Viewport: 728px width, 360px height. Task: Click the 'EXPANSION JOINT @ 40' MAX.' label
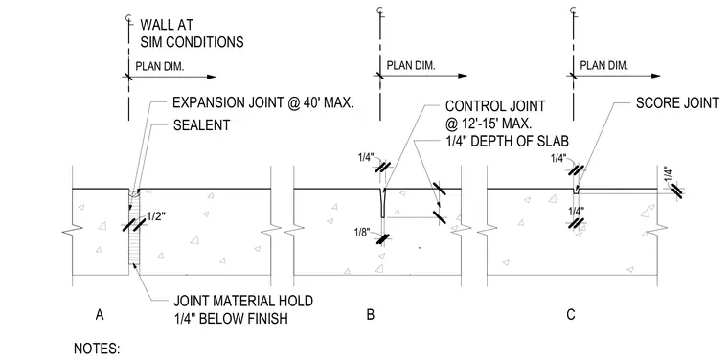[x=262, y=103]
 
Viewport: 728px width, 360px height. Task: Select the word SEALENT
[x=201, y=124]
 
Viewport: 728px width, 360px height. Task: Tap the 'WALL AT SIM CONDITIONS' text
[x=192, y=33]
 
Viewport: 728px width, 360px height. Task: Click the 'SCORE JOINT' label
[x=677, y=102]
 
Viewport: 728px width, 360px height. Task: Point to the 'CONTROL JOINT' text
[x=495, y=105]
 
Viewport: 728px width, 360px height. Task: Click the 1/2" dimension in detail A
[x=155, y=215]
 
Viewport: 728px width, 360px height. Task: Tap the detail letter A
[x=99, y=315]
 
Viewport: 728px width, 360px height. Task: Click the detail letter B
[x=370, y=315]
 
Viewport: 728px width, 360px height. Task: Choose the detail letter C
[x=571, y=315]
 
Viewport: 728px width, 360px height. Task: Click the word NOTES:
[x=97, y=349]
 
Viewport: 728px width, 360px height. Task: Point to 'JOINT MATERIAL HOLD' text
[x=242, y=301]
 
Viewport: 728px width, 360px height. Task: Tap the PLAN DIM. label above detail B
[x=411, y=65]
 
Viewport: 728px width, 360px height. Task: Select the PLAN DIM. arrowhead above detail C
[x=655, y=76]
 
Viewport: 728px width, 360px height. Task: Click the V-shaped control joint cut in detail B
[x=382, y=203]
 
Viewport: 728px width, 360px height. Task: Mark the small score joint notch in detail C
[x=576, y=191]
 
